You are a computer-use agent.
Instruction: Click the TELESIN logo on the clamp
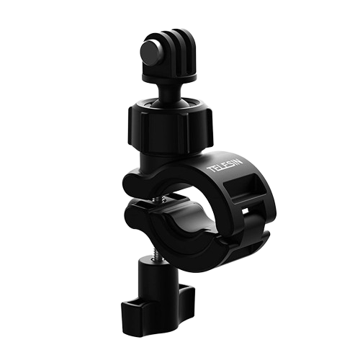tap(225, 166)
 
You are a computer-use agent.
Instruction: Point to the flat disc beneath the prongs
tap(169, 76)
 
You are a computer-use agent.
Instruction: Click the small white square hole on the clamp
tap(245, 211)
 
